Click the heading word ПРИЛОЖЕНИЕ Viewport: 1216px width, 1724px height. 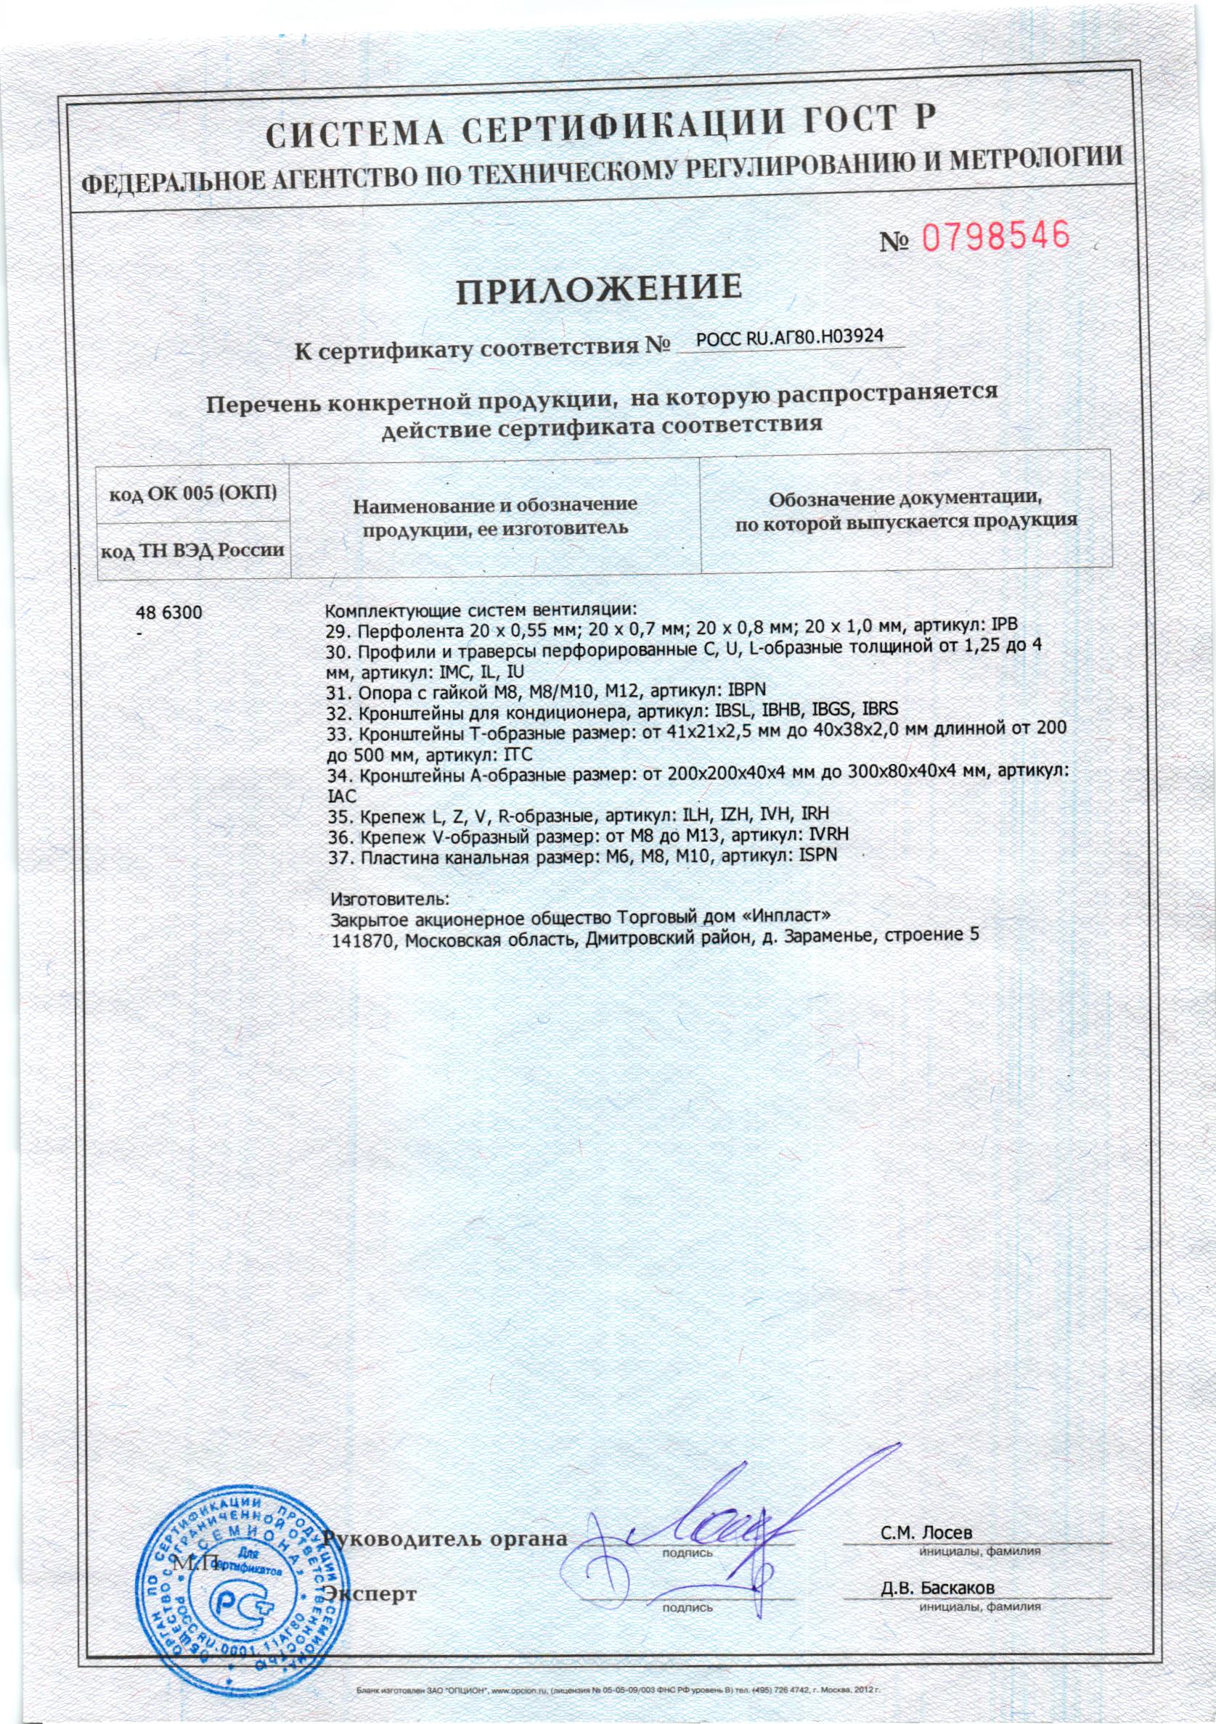click(599, 289)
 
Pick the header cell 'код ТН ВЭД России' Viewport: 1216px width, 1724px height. click(193, 551)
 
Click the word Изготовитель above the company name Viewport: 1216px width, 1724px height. click(390, 898)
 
